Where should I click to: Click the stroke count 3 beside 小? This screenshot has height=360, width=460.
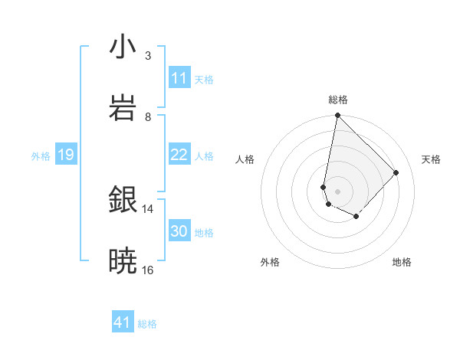pos(148,55)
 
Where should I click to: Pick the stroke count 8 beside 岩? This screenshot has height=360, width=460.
pos(148,116)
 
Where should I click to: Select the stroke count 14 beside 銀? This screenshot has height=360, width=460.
pos(148,208)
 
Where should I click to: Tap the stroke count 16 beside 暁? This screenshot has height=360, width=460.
pos(148,270)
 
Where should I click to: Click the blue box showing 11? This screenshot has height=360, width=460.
pos(179,78)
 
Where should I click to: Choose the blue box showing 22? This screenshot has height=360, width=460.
pos(179,155)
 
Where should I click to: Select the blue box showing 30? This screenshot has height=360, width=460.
pos(179,231)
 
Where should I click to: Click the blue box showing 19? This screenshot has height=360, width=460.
pos(65,155)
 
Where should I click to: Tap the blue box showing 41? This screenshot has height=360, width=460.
pos(123,322)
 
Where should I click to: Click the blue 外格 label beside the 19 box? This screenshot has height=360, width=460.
pos(41,156)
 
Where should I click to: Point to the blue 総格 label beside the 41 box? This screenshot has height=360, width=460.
pos(147,324)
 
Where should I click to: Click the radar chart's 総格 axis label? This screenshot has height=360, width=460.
pos(338,100)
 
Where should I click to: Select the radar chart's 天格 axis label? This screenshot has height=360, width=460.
pos(431,159)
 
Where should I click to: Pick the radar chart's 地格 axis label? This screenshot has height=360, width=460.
pos(402,262)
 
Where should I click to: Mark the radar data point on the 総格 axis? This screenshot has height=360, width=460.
pos(337,116)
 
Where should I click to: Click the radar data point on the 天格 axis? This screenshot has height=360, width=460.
pos(396,172)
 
